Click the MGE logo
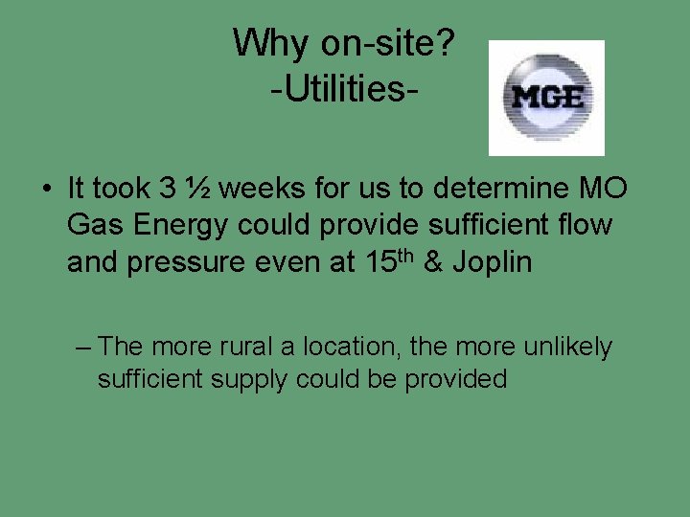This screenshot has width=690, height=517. (x=546, y=97)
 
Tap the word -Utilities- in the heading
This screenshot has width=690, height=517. (x=345, y=90)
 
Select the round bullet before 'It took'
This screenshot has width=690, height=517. (x=46, y=189)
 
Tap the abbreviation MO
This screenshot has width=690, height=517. (x=606, y=189)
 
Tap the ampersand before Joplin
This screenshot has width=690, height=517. (x=432, y=262)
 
